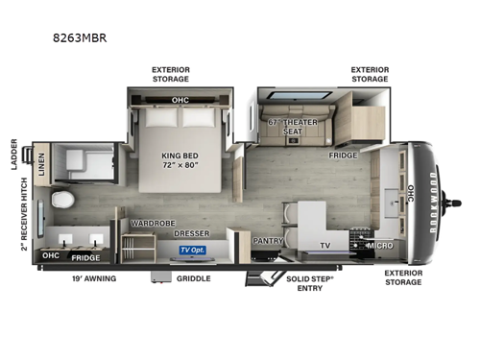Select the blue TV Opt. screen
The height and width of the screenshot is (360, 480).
pyautogui.click(x=193, y=250)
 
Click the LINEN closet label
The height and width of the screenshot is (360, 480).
pyautogui.click(x=41, y=164)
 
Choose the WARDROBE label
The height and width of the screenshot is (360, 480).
pyautogui.click(x=151, y=223)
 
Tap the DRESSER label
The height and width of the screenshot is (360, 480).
pyautogui.click(x=192, y=233)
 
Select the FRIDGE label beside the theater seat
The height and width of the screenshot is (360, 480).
pyautogui.click(x=343, y=155)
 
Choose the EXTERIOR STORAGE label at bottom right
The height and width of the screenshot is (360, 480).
pyautogui.click(x=403, y=278)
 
